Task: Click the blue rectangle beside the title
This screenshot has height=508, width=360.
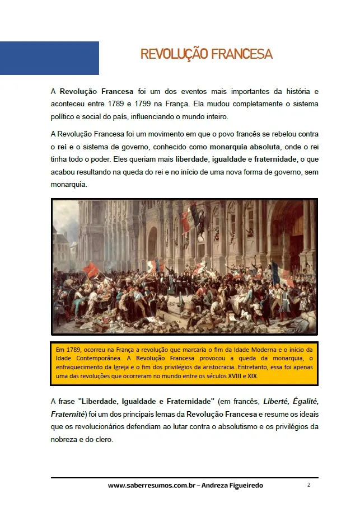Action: point(49,58)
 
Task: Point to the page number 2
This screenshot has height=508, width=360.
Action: point(308,485)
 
